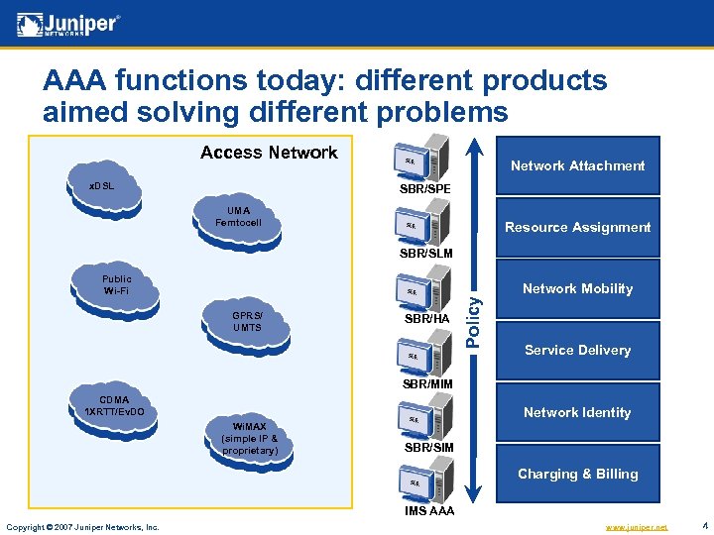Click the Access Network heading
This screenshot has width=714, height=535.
[x=269, y=153]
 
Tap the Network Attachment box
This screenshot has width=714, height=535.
[x=577, y=165]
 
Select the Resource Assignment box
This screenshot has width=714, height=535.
[x=577, y=227]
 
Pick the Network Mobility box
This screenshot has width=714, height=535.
[x=577, y=288]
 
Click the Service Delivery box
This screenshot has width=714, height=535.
[x=577, y=350]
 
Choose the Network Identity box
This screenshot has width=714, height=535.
[x=577, y=412]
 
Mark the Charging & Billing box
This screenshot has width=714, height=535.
[x=577, y=474]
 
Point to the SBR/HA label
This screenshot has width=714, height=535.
[x=427, y=320]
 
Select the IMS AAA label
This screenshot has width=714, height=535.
[x=428, y=510]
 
